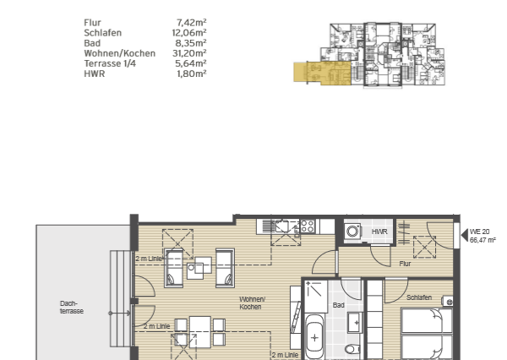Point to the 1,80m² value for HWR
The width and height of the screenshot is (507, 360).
(x=191, y=74)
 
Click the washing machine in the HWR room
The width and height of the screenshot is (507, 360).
(x=352, y=231)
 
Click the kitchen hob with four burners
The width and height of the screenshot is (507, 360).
(x=308, y=226)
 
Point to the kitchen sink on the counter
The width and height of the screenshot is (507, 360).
(x=283, y=226)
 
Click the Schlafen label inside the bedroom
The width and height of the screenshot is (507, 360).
(x=420, y=297)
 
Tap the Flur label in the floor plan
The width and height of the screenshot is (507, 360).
(x=406, y=264)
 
